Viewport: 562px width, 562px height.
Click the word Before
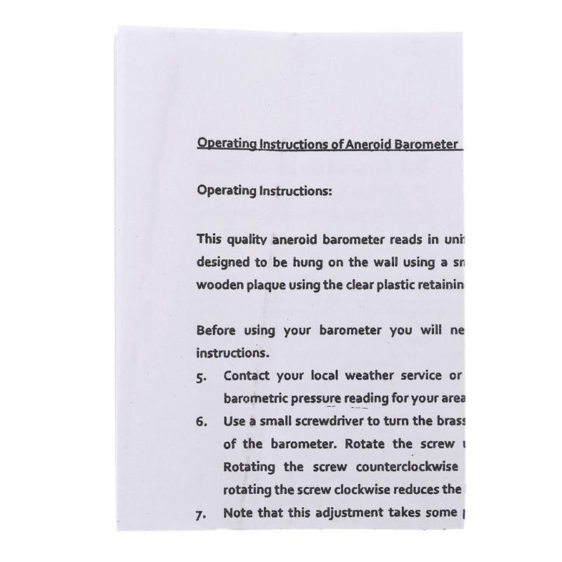click(x=218, y=330)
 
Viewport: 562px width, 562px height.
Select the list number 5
click(x=202, y=377)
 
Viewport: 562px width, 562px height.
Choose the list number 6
click(x=202, y=422)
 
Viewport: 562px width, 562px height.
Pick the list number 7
click(x=202, y=514)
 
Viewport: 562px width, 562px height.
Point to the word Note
click(x=238, y=513)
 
